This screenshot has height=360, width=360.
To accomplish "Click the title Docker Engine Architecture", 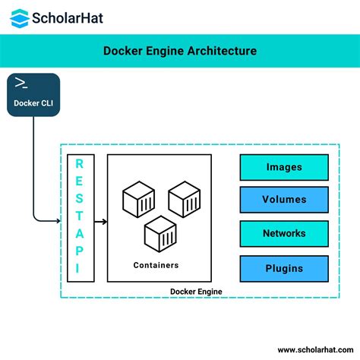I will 180,51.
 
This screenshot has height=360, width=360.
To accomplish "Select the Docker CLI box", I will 33,95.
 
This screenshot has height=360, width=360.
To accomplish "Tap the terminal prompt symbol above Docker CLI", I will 22,84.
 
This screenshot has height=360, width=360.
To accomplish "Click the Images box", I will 284,167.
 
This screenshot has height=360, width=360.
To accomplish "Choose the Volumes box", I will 284,201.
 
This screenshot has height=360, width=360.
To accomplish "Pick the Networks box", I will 284,234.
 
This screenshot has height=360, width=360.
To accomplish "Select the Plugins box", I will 284,268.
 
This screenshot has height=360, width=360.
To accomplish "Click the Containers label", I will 156,265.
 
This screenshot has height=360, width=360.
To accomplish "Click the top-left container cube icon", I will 137,199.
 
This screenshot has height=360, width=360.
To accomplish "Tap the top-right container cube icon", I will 184,199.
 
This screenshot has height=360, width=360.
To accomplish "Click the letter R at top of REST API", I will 81,165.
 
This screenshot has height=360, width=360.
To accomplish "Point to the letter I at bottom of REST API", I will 81,267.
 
